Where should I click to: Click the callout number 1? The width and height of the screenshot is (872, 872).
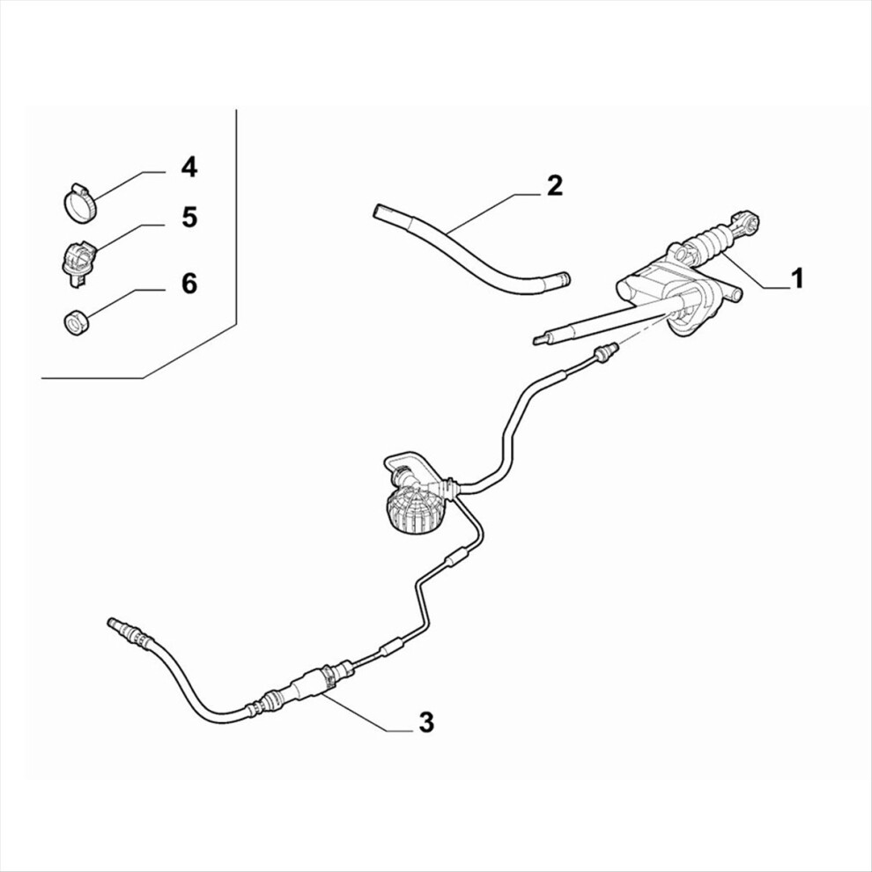[798, 277]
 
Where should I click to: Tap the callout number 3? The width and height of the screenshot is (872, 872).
[426, 722]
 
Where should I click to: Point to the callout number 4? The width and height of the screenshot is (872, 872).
[189, 166]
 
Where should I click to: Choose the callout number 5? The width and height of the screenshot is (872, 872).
[189, 217]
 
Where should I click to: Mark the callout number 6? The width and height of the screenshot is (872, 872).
[189, 284]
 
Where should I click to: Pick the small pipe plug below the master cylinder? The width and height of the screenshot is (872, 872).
[605, 351]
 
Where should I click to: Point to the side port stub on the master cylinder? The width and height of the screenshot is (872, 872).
[734, 293]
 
